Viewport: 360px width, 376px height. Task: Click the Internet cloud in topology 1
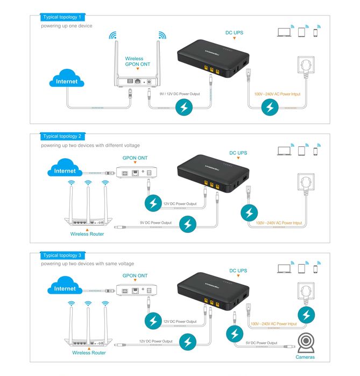click(66, 81)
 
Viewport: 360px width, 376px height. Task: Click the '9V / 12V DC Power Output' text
click(180, 94)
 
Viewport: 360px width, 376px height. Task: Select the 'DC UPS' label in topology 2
click(238, 153)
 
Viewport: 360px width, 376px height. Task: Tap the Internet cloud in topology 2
click(66, 171)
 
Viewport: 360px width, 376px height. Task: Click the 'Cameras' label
click(306, 357)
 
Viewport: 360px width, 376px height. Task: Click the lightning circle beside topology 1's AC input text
click(269, 108)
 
